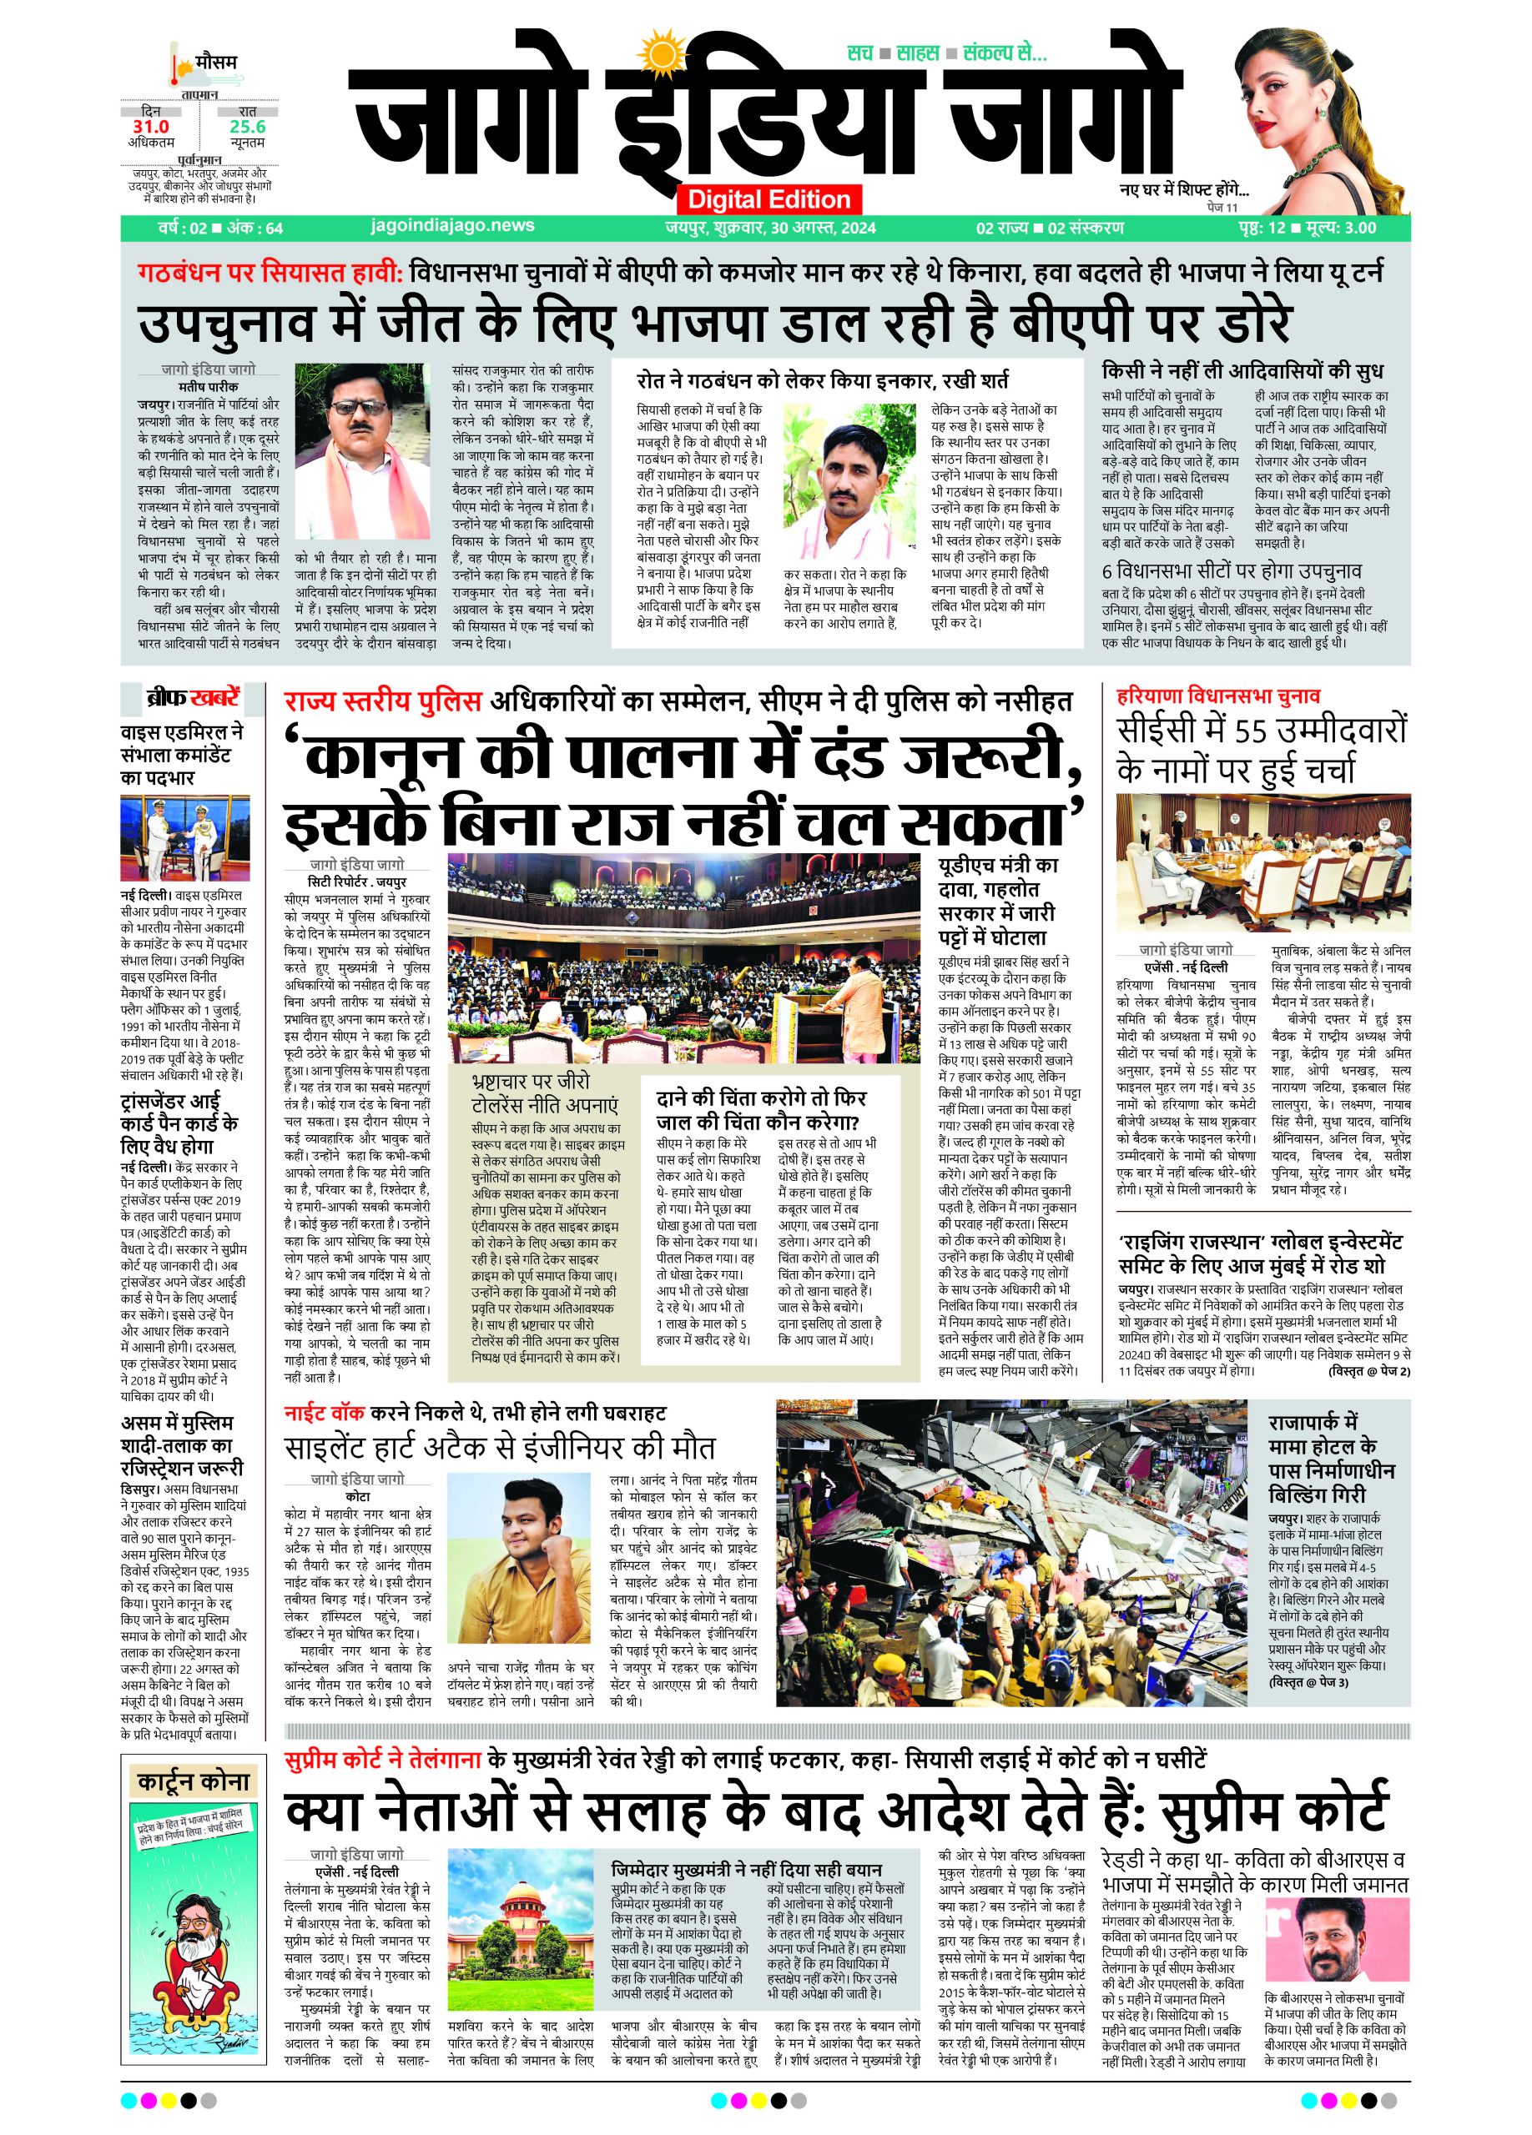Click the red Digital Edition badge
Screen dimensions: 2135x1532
coord(768,198)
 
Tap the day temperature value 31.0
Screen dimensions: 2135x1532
coord(151,126)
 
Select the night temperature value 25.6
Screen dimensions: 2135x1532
coord(248,126)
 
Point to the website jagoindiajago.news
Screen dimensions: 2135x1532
coord(453,226)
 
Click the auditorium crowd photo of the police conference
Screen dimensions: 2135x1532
coord(683,958)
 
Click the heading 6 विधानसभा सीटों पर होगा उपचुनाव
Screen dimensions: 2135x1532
coord(1231,570)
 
